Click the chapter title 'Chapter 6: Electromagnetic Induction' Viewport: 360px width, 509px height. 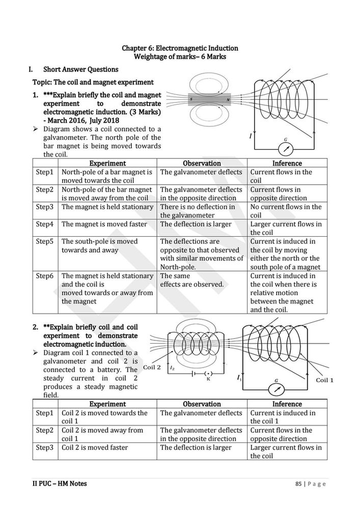pos(180,48)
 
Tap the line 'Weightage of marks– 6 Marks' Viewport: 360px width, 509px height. pos(180,56)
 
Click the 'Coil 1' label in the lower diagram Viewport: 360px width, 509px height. pos(324,380)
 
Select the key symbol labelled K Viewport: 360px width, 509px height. pos(208,373)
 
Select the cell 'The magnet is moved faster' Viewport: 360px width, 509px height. pos(104,224)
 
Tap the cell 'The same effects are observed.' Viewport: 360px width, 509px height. pos(192,280)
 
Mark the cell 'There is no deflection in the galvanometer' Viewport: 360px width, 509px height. pos(198,211)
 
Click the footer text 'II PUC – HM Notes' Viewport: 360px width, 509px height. pos(56,484)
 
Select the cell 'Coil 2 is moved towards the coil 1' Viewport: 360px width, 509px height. pos(104,417)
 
